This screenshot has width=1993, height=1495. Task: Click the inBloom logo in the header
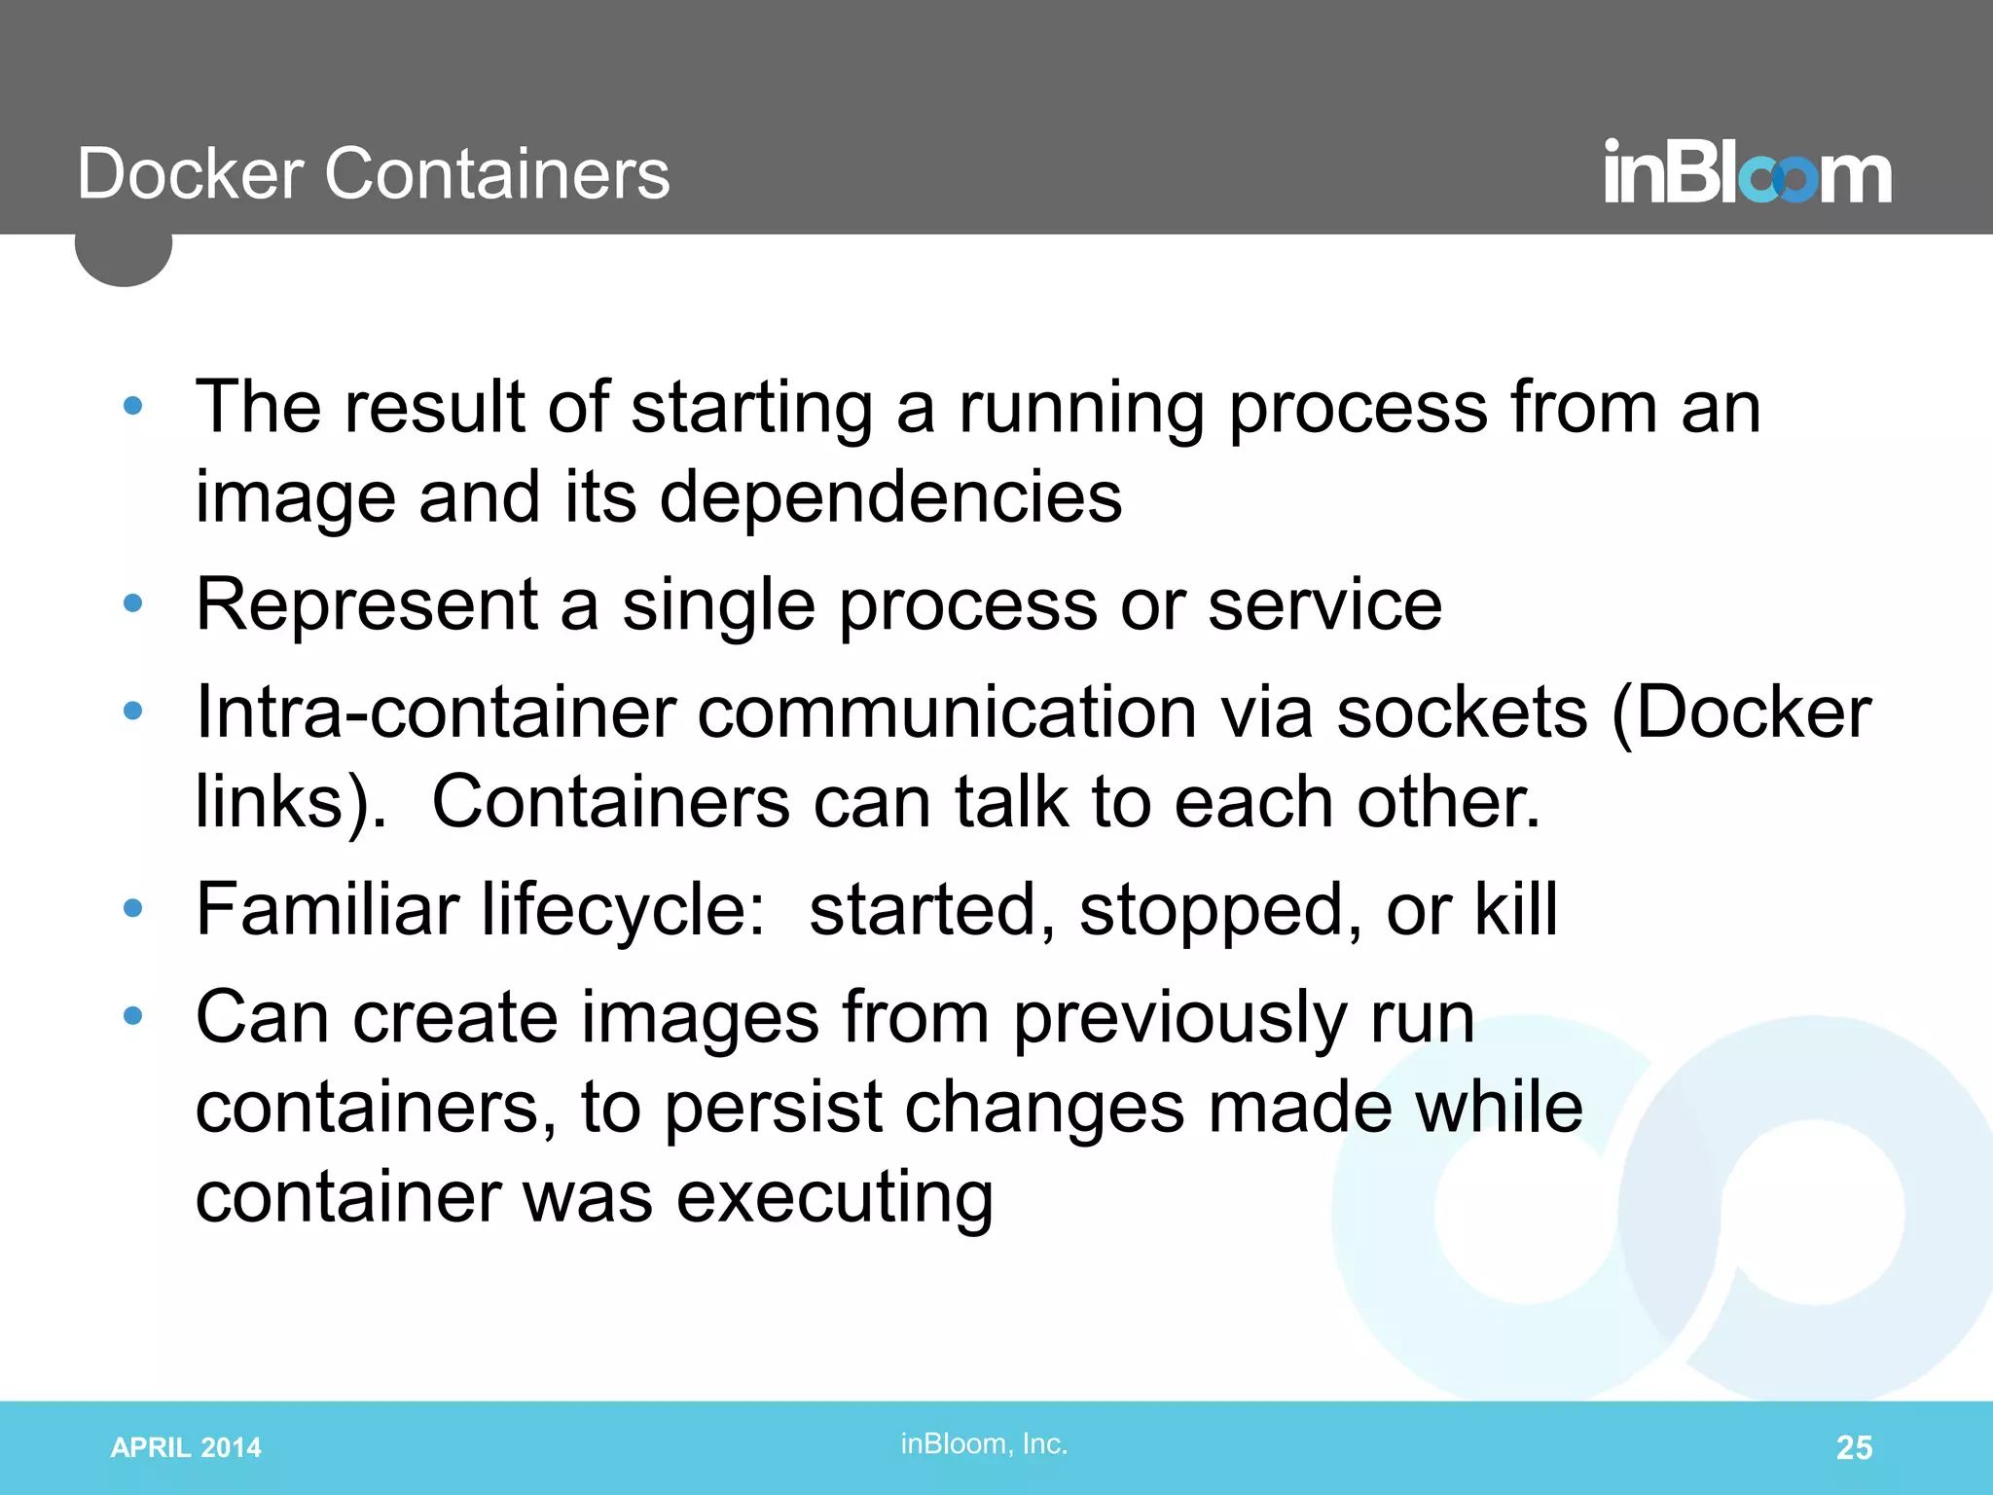click(1747, 173)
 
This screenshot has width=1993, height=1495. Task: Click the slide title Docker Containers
click(374, 174)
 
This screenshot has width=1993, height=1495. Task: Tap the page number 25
click(1853, 1447)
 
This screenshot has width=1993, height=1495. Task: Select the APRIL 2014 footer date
click(186, 1447)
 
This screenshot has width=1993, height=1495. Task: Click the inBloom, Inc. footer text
click(984, 1443)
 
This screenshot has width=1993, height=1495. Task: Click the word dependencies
click(890, 497)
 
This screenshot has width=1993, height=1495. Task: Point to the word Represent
click(367, 605)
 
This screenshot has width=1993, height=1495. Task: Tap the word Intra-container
click(435, 712)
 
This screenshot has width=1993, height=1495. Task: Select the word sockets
click(1462, 712)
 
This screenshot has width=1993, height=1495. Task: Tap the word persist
click(773, 1108)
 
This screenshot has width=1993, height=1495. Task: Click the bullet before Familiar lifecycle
click(133, 909)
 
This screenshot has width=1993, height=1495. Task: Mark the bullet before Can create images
click(133, 1017)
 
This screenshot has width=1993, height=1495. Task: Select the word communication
click(947, 712)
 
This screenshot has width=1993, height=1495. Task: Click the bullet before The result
click(133, 406)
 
